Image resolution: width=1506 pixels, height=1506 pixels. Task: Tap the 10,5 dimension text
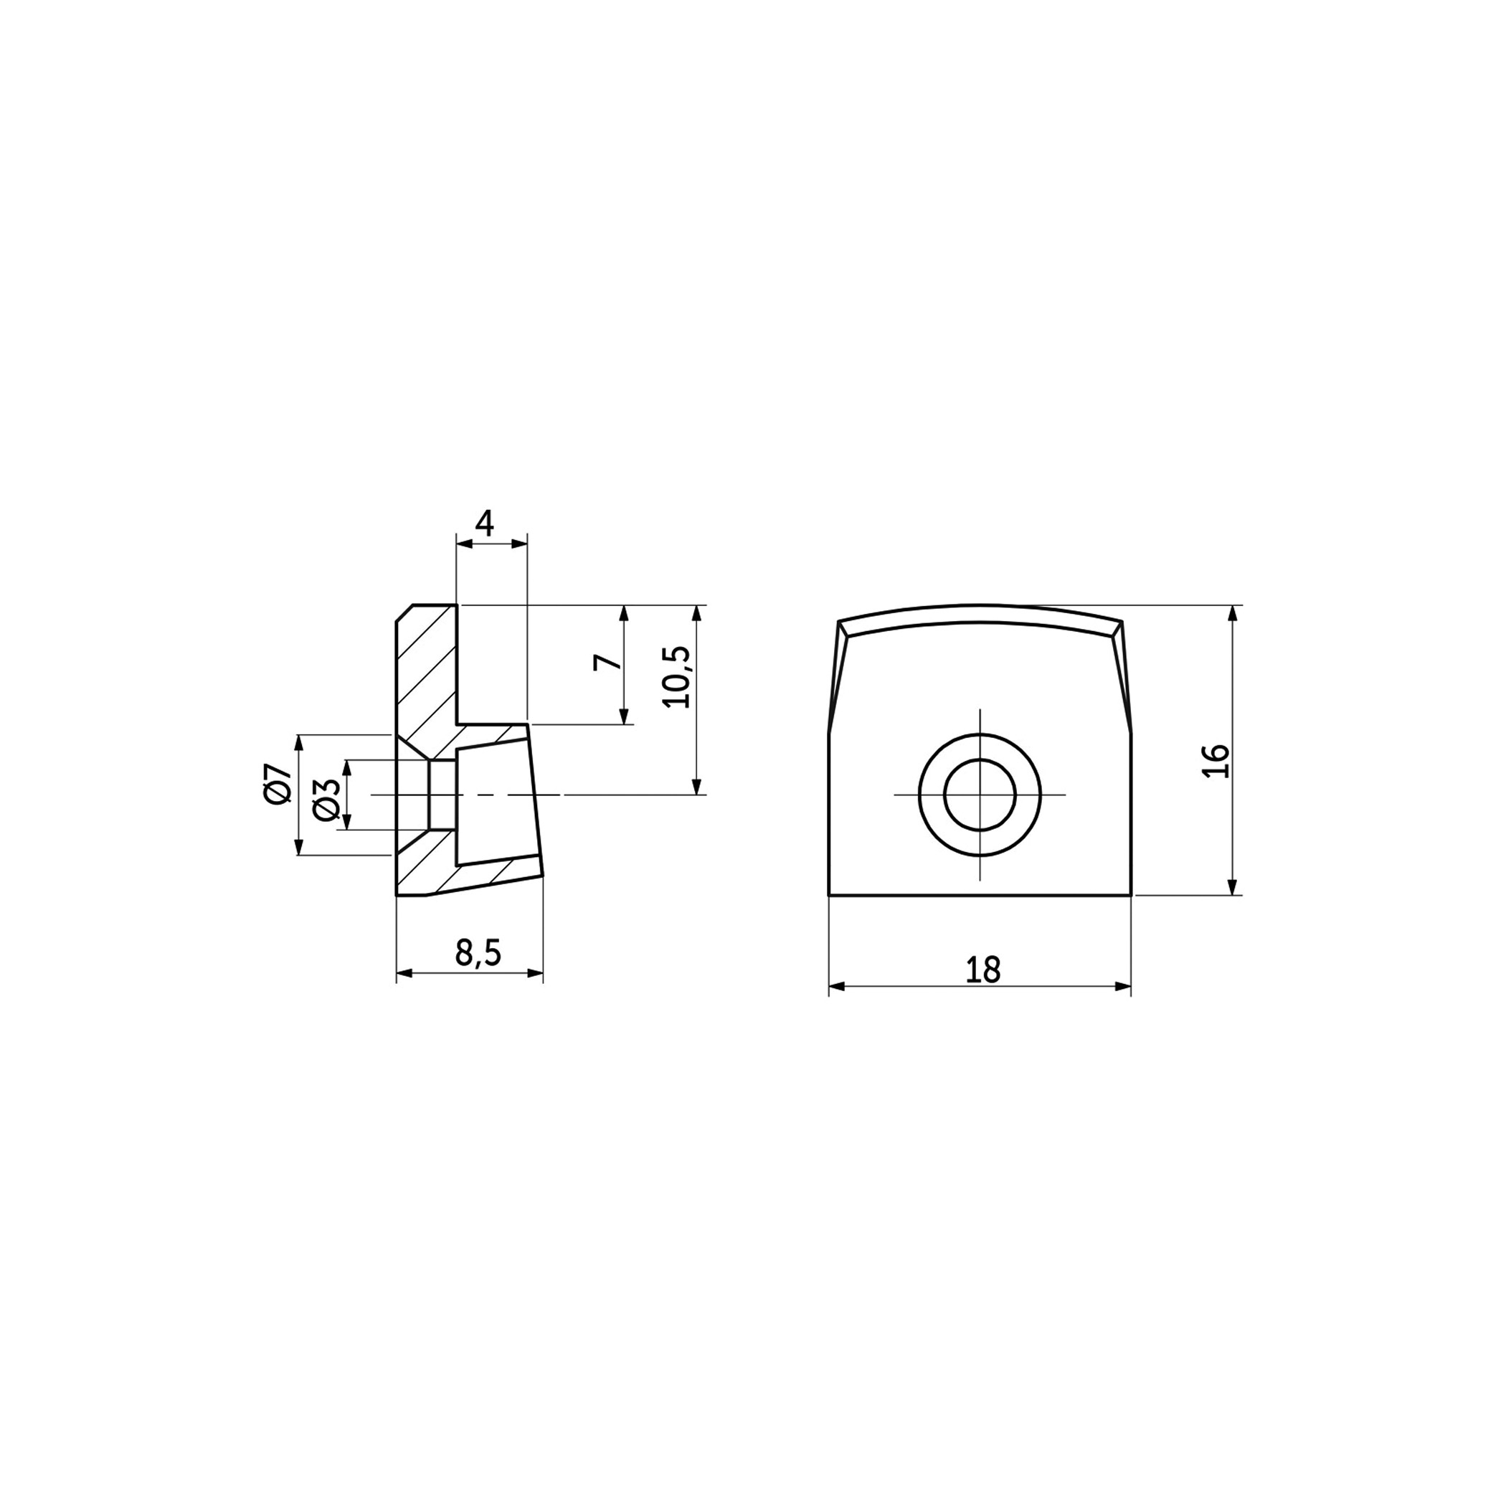[676, 676]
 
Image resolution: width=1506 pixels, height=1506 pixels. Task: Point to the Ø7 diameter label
[278, 784]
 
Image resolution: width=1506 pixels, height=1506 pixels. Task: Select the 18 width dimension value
[982, 970]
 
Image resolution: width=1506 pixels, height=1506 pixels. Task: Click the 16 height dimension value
[1216, 761]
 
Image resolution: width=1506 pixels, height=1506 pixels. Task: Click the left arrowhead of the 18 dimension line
[836, 986]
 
